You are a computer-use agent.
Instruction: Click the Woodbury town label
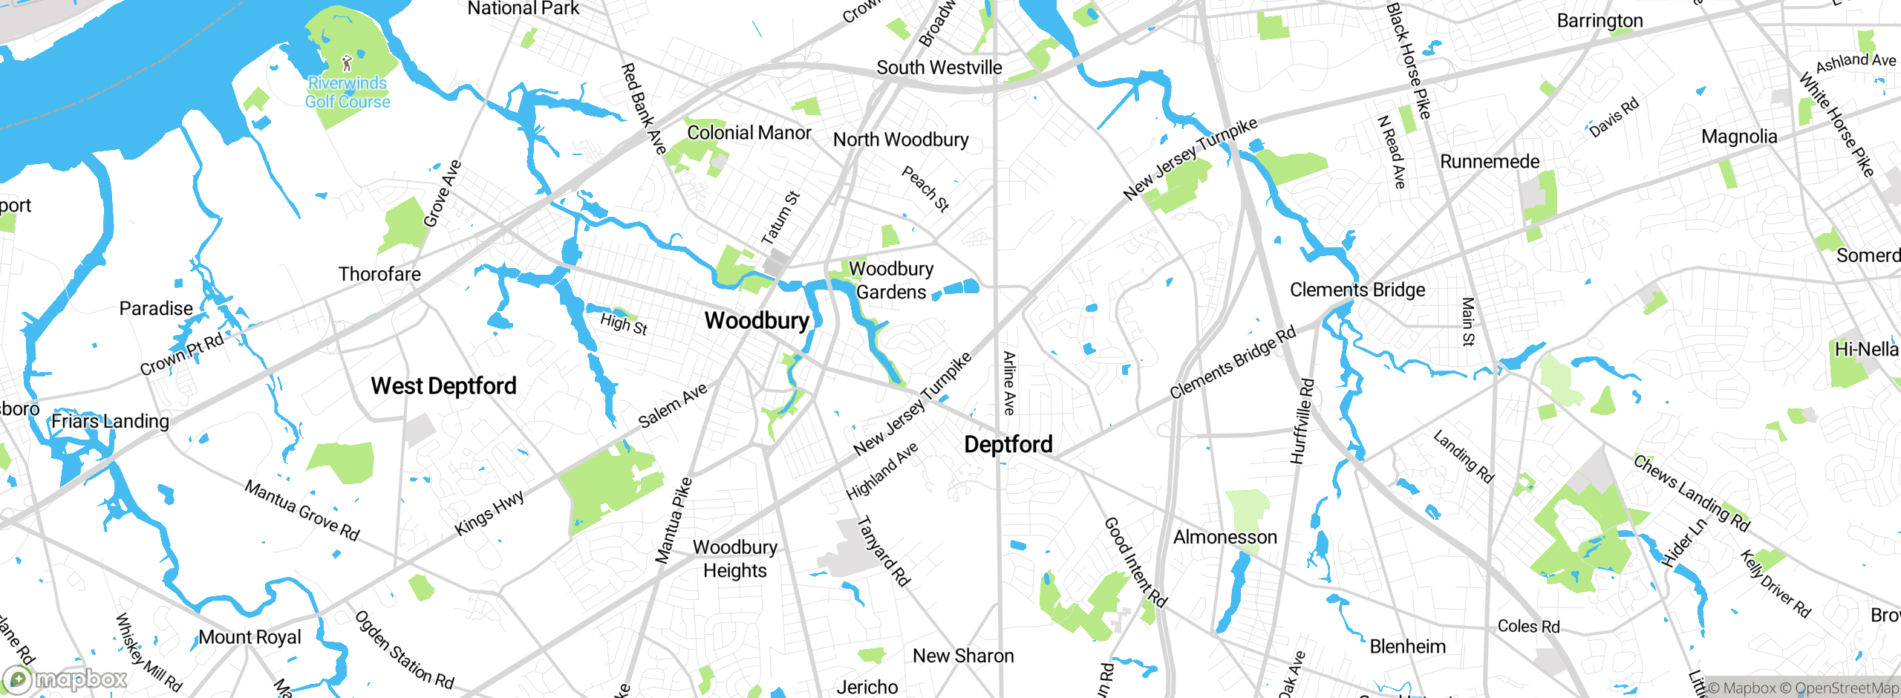click(x=757, y=321)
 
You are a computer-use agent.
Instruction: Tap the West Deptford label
click(x=443, y=386)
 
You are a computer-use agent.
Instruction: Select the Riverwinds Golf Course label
click(x=348, y=93)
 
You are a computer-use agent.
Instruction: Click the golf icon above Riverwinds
click(x=347, y=63)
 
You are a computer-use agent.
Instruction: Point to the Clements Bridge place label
click(x=1357, y=290)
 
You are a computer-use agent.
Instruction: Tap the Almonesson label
click(x=1225, y=537)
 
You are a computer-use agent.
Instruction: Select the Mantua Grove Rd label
click(x=302, y=510)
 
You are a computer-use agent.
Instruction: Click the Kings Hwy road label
click(x=489, y=512)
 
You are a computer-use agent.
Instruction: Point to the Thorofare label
click(x=379, y=274)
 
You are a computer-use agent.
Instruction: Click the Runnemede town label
click(x=1490, y=162)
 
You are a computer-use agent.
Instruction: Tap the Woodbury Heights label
click(x=735, y=558)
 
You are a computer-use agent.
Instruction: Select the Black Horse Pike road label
click(x=1408, y=61)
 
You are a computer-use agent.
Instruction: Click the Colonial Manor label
click(x=749, y=133)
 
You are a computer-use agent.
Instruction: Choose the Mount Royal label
click(x=250, y=637)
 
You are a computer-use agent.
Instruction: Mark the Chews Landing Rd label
click(x=1692, y=493)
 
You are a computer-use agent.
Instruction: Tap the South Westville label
click(x=939, y=68)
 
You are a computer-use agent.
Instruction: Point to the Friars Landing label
click(x=110, y=421)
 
